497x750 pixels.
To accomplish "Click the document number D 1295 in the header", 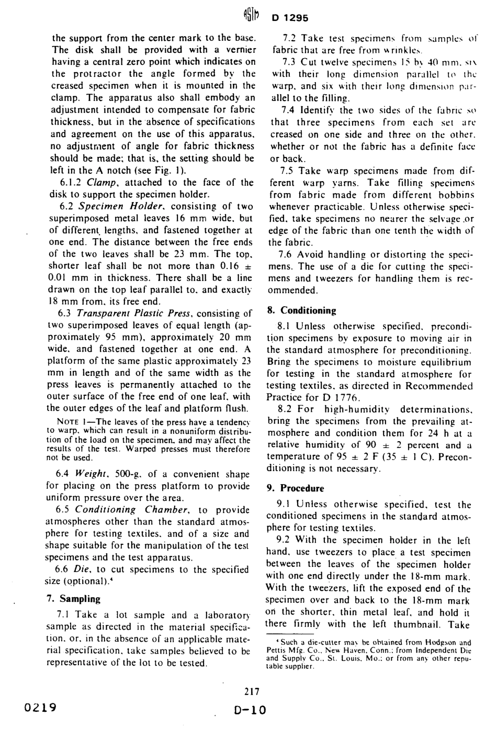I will [x=290, y=17].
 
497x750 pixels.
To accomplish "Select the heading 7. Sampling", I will [x=74, y=598].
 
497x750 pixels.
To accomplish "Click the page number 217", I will [x=252, y=691].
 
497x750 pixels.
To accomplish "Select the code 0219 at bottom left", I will [x=40, y=708].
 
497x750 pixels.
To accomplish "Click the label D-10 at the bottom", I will [x=250, y=710].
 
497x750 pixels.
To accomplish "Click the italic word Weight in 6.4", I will [x=89, y=474].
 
